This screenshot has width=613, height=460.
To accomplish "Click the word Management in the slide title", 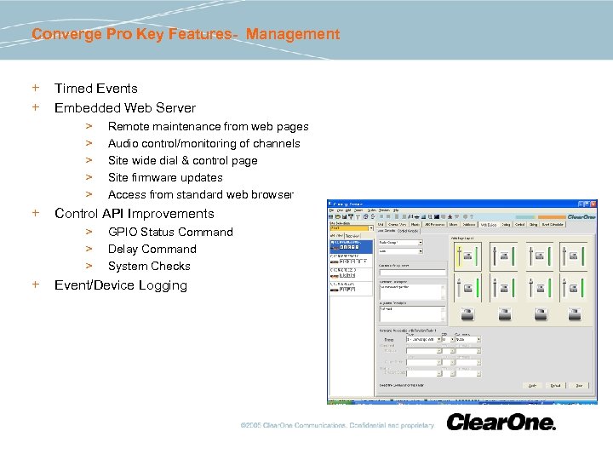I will coord(293,34).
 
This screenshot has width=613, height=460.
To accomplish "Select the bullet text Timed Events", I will coord(95,88).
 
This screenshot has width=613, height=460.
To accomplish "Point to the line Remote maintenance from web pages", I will coord(208,126).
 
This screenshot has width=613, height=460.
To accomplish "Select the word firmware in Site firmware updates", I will coord(158,177).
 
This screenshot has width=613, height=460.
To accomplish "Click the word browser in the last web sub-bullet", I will coord(272,194).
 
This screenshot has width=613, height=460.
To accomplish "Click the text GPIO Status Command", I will coord(170,232).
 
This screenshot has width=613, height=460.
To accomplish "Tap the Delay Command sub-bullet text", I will coord(152,249).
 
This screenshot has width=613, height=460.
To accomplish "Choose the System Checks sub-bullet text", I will coord(149,266).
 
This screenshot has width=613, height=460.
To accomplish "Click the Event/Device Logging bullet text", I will coord(120,285).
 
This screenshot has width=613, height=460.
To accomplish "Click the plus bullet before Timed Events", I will coord(36,88).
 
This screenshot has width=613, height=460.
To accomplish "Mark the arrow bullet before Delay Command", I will coord(88,249).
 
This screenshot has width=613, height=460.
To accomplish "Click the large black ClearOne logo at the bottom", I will coord(501,423).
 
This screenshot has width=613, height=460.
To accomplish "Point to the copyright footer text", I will coord(337,425).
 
